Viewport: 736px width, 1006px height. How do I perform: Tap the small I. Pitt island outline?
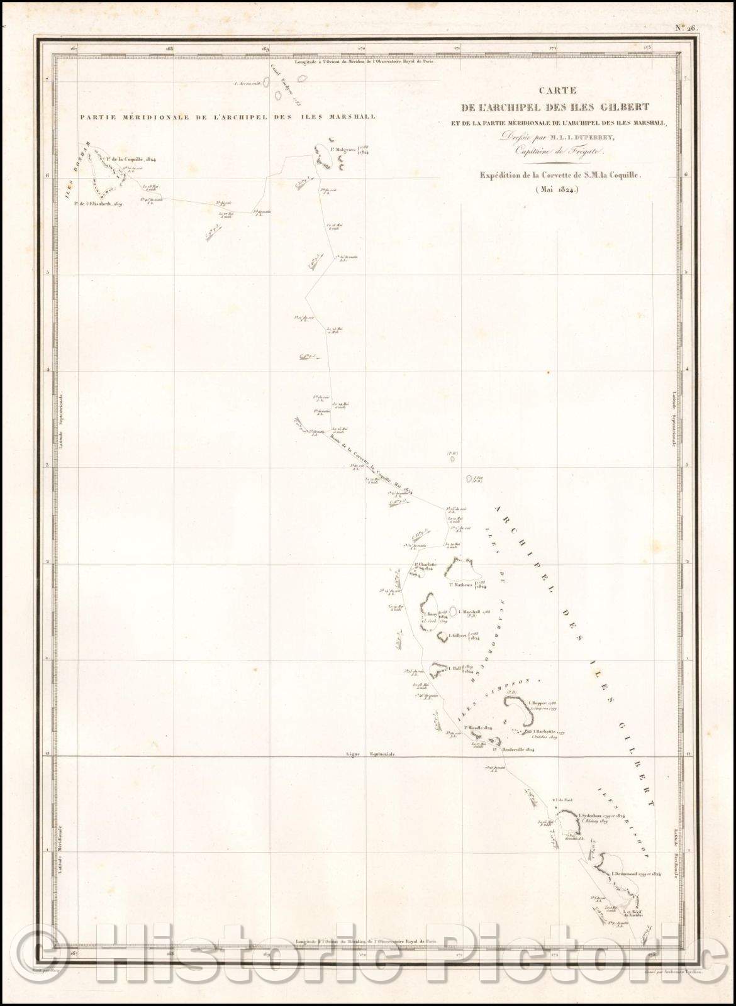coord(469,479)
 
